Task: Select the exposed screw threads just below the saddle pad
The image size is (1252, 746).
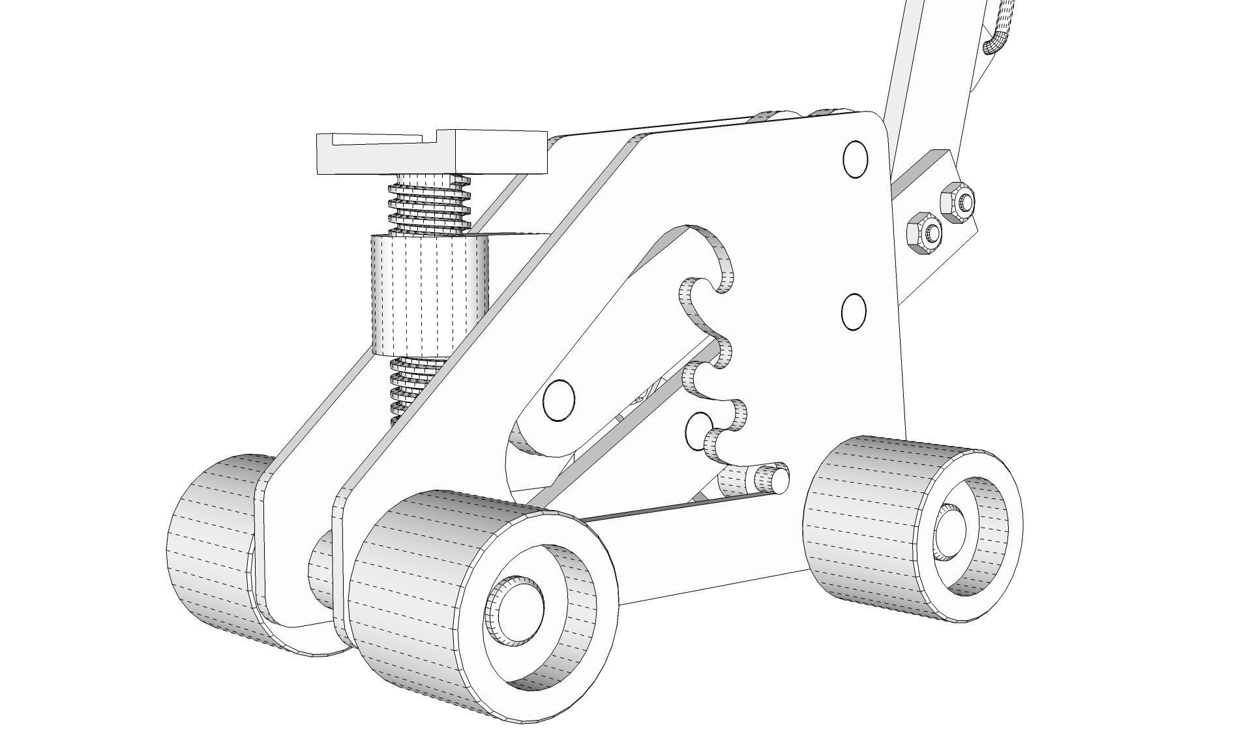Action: click(x=429, y=203)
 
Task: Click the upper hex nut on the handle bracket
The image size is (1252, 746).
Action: click(x=957, y=201)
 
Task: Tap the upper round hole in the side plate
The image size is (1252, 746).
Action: click(x=855, y=158)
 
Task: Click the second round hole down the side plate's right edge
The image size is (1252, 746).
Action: click(x=854, y=312)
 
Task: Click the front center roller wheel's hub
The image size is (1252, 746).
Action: click(x=515, y=610)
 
